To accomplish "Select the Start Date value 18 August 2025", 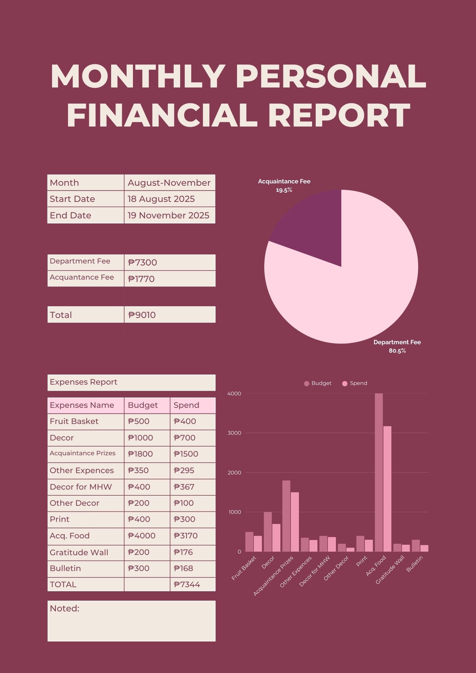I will pyautogui.click(x=161, y=199).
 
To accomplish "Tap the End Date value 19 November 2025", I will pyautogui.click(x=168, y=215).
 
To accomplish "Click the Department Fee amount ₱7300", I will pyautogui.click(x=143, y=262).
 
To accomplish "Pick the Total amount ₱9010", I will pyautogui.click(x=142, y=315).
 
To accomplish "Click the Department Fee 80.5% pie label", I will pyautogui.click(x=397, y=346).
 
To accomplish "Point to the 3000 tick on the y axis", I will pyautogui.click(x=234, y=433).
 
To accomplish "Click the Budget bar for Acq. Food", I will pyautogui.click(x=378, y=471).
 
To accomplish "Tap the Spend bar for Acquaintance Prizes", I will pyautogui.click(x=295, y=522).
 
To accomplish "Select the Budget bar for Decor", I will pyautogui.click(x=268, y=532).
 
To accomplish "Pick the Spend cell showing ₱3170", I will pyautogui.click(x=185, y=536).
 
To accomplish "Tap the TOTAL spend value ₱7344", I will pyautogui.click(x=187, y=585).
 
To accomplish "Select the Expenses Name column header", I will pyautogui.click(x=82, y=405).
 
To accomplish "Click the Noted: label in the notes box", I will pyautogui.click(x=65, y=608).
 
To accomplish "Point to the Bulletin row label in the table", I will pyautogui.click(x=65, y=568).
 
